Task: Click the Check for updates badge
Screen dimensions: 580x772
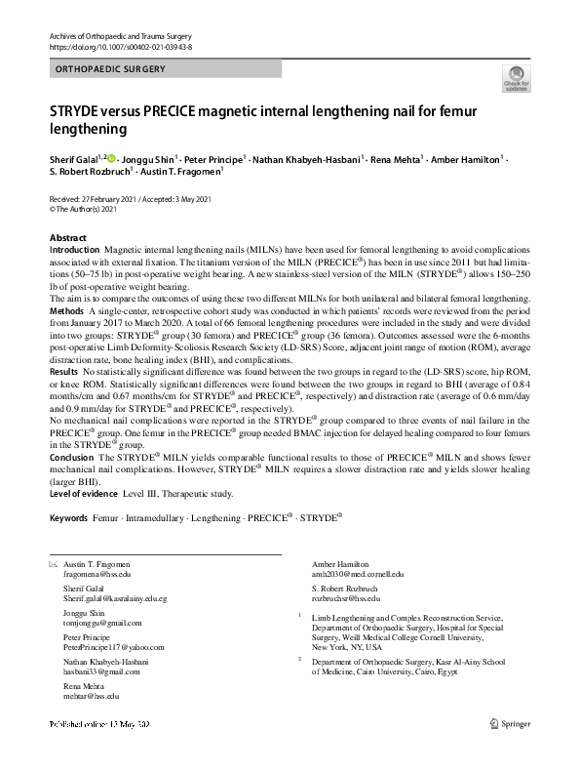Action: coord(516,78)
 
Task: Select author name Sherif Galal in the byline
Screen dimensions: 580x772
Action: coord(73,158)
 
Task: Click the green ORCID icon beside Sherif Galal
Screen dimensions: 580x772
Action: coord(111,158)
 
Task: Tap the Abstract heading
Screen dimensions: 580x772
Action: coord(67,238)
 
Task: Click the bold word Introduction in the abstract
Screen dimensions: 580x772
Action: coord(74,251)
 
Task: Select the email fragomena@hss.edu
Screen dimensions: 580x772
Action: coord(97,575)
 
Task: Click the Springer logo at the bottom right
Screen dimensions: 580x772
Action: coord(510,752)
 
